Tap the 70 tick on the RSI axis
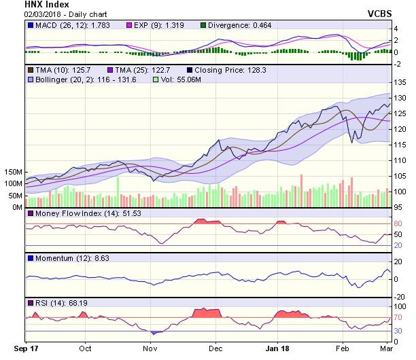pyautogui.click(x=398, y=317)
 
